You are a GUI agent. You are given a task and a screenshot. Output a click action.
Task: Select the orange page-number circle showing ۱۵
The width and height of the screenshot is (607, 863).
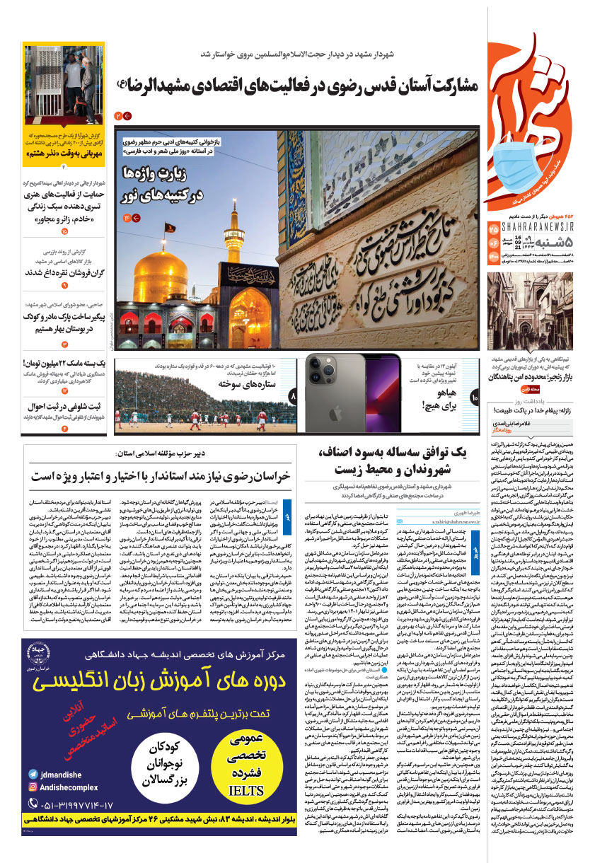point(65,231)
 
